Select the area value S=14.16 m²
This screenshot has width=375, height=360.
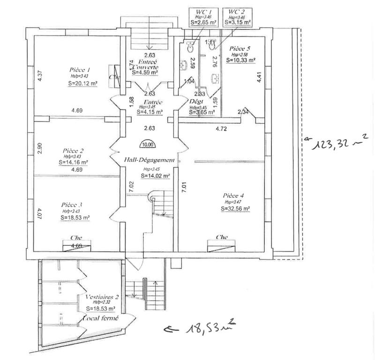[74, 163]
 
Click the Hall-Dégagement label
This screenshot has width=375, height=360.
[149, 160]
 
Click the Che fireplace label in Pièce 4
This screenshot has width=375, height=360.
[222, 237]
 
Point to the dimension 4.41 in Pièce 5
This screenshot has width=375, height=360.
[258, 77]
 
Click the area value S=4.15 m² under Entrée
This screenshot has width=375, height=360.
[150, 112]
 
